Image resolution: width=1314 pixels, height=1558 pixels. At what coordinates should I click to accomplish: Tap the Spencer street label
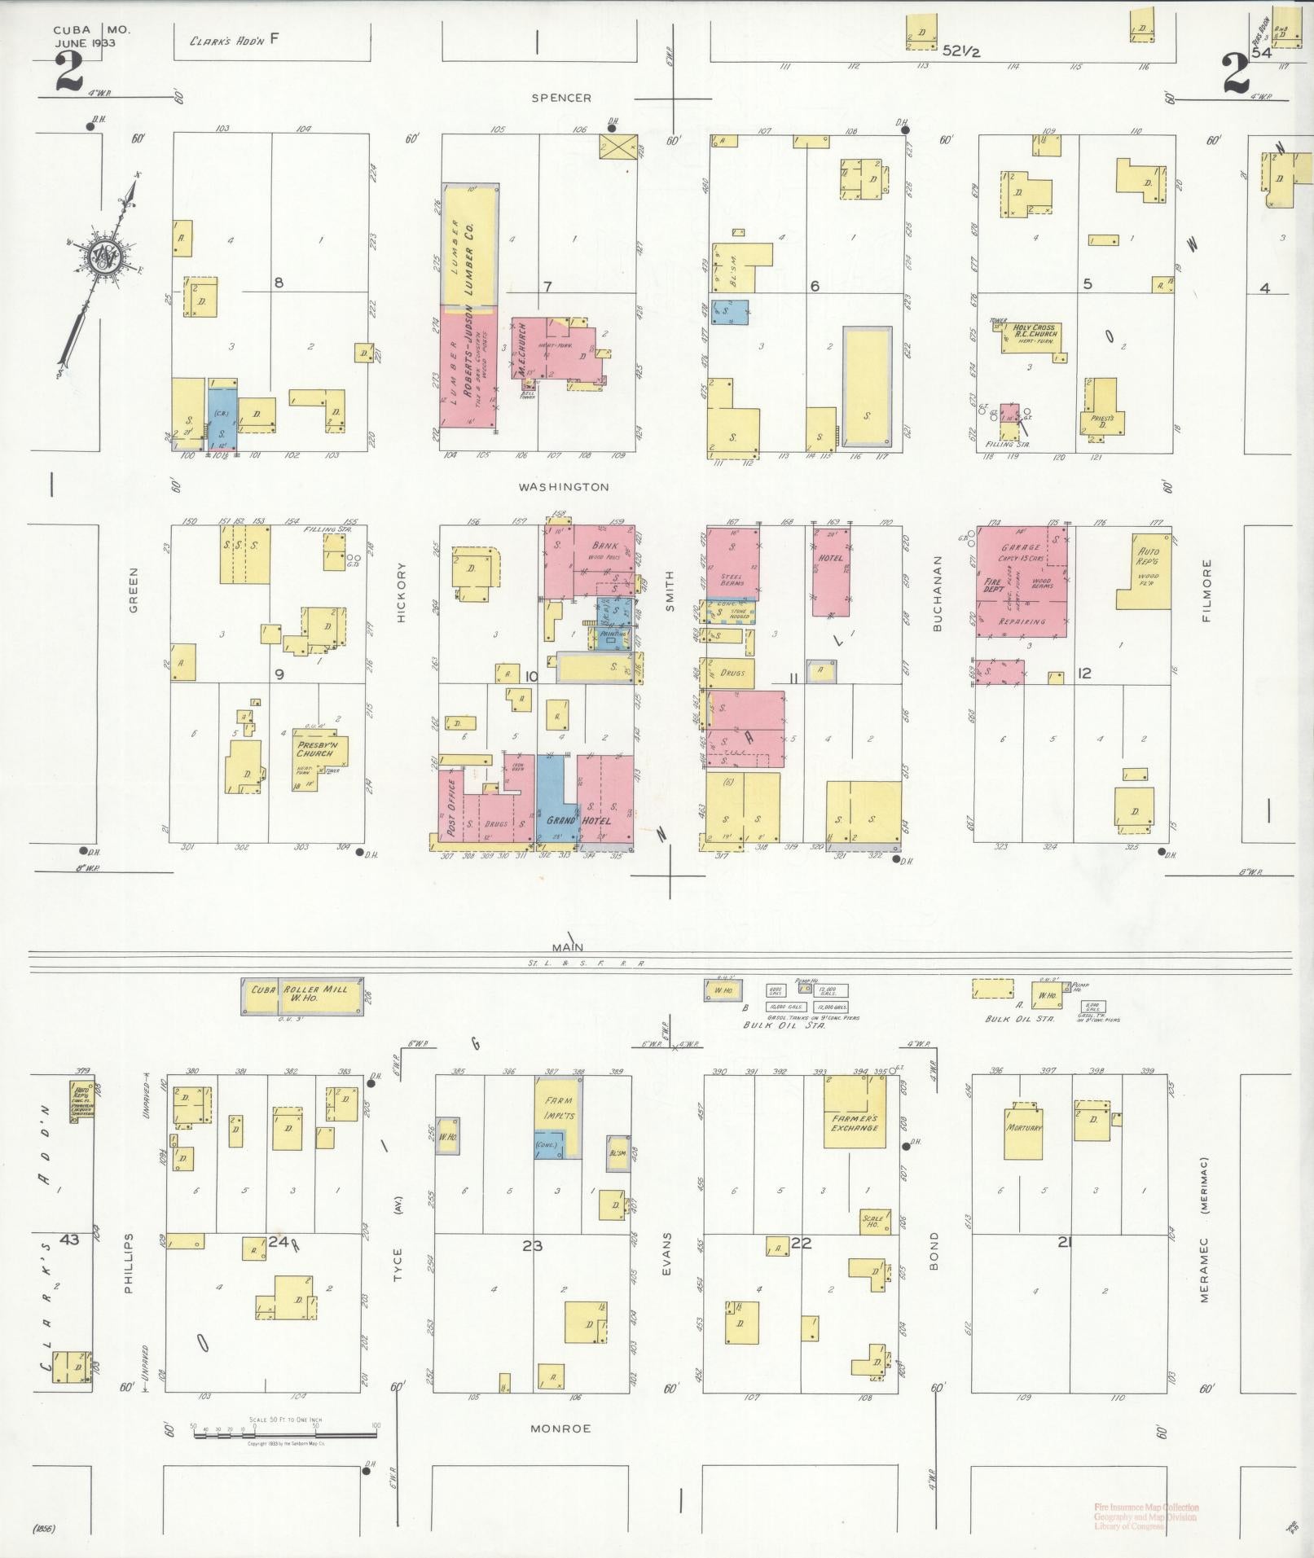(560, 98)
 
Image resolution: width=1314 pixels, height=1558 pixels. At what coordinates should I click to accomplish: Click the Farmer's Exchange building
(855, 1124)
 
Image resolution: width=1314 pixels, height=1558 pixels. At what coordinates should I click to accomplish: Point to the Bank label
(604, 546)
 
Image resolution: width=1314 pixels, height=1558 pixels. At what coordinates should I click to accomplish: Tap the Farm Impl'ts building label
(559, 1108)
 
